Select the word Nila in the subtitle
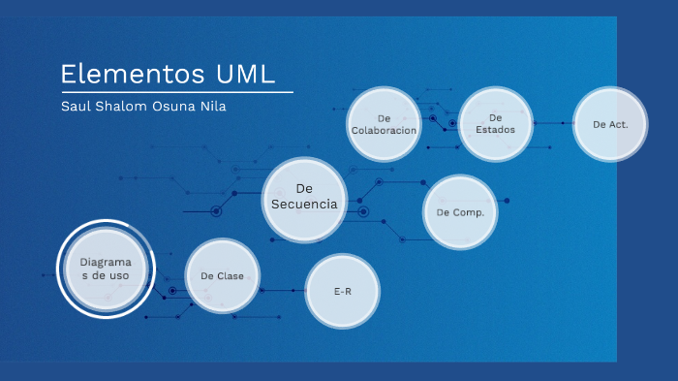pyautogui.click(x=211, y=107)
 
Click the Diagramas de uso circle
pyautogui.click(x=105, y=270)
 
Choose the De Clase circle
pyautogui.click(x=222, y=276)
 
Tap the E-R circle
pyautogui.click(x=342, y=291)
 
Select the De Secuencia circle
pyautogui.click(x=304, y=197)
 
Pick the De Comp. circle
pyautogui.click(x=460, y=211)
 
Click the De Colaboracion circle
pyautogui.click(x=384, y=124)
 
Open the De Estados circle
pyautogui.click(x=495, y=124)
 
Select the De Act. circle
pyautogui.click(x=610, y=124)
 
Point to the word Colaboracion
pyautogui.click(x=384, y=131)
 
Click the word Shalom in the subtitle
pyautogui.click(x=119, y=107)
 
